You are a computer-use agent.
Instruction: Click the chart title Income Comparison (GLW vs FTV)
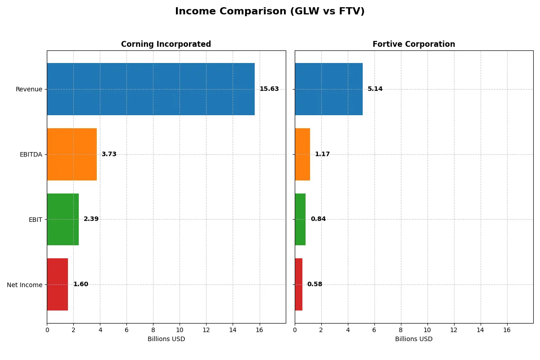click(270, 12)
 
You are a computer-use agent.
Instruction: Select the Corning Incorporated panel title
click(166, 44)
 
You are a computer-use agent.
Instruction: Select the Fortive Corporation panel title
click(414, 44)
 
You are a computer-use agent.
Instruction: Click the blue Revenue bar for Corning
click(151, 89)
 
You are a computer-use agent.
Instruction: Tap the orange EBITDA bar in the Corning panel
click(72, 154)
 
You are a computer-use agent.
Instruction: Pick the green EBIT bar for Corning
click(63, 220)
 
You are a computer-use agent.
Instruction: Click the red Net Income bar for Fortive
click(299, 284)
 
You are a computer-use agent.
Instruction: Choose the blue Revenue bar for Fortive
click(328, 89)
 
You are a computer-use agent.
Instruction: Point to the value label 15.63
click(269, 89)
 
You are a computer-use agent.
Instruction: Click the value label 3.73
click(109, 154)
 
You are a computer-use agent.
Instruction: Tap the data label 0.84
click(318, 219)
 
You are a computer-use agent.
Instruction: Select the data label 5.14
click(375, 89)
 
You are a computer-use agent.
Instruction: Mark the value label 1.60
click(81, 284)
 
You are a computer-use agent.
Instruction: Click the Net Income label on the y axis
click(24, 285)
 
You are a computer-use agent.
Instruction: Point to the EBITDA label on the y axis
click(31, 154)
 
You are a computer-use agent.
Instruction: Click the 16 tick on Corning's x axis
click(259, 330)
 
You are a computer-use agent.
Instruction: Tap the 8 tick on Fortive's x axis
click(401, 330)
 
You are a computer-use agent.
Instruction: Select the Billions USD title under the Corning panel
click(166, 339)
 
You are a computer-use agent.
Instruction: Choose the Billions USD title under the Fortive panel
click(414, 339)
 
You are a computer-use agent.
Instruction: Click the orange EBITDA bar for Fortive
click(302, 154)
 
